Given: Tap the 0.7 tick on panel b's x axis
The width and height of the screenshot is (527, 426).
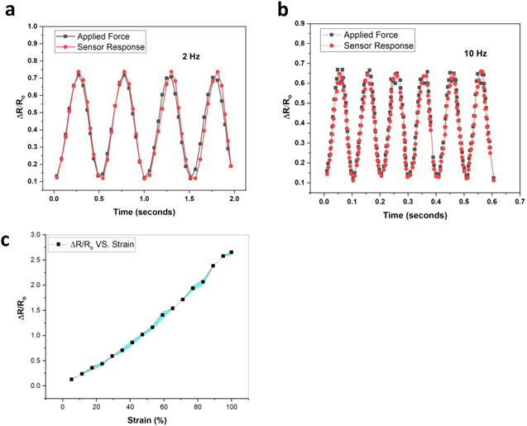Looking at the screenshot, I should click(519, 200).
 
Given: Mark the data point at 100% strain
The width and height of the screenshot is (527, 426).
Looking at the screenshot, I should click(232, 252).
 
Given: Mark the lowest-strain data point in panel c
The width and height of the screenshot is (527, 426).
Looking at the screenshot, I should click(72, 379).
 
